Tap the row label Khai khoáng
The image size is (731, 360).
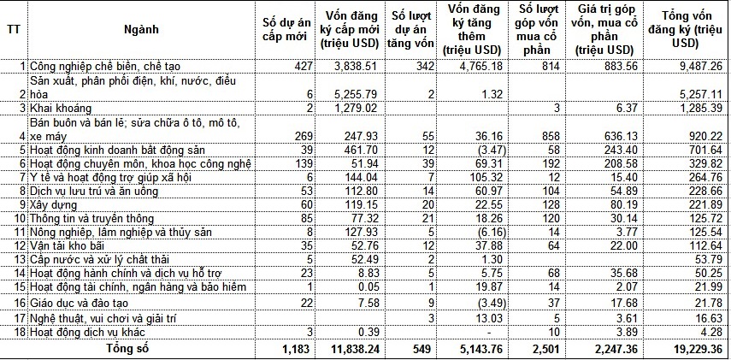(55, 109)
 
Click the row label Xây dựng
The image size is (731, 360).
(52, 204)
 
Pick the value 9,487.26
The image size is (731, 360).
(699, 66)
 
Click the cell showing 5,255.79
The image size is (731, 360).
(353, 94)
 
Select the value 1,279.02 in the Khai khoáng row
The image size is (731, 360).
(353, 109)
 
